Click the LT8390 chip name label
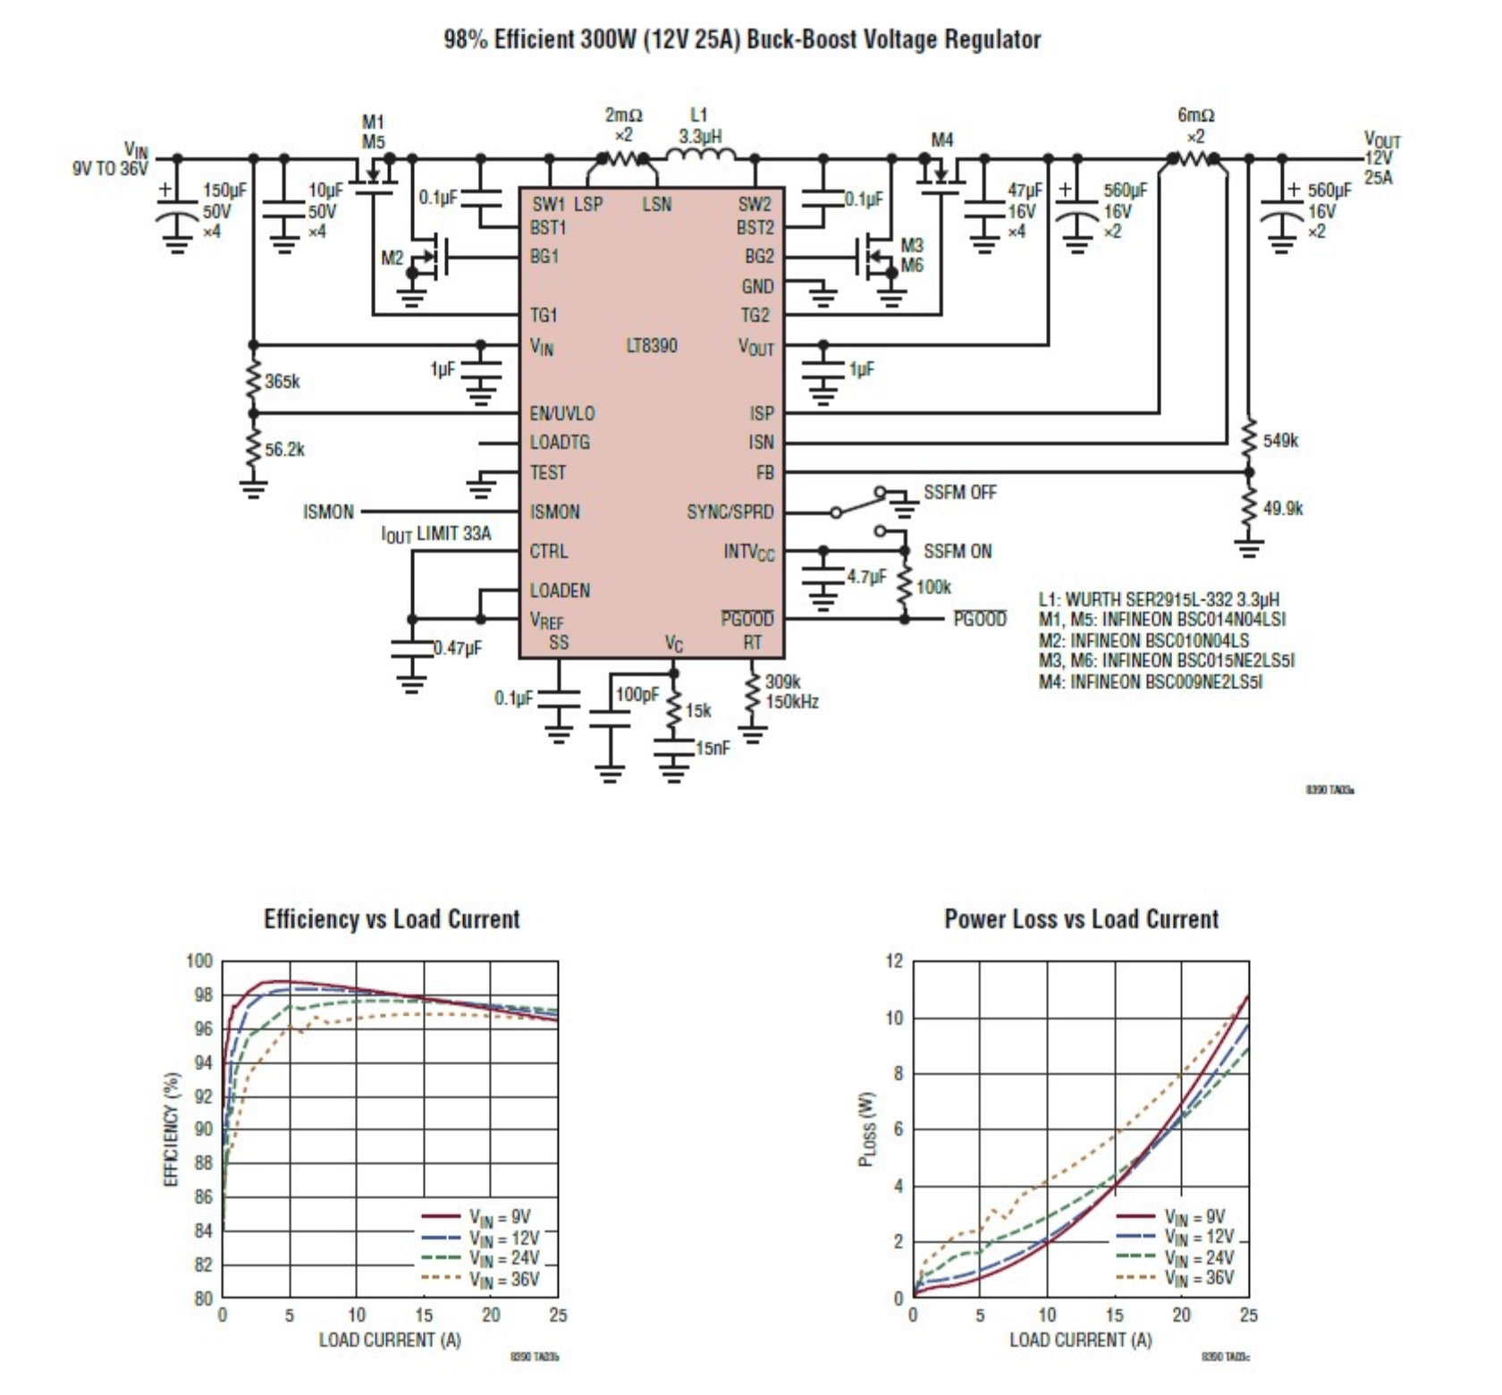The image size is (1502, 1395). [x=652, y=345]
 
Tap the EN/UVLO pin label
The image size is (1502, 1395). [x=561, y=413]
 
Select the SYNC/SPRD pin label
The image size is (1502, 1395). [x=730, y=511]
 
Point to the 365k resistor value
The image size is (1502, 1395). [x=283, y=382]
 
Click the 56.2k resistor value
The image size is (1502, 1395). [x=284, y=449]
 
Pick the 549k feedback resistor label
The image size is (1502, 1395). [x=1280, y=440]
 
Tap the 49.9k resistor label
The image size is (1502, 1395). [x=1283, y=508]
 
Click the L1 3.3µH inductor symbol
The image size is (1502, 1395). [x=701, y=157]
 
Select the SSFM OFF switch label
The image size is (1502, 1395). [x=959, y=492]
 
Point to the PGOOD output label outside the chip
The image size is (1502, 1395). [x=980, y=619]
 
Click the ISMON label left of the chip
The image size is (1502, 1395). [x=328, y=512]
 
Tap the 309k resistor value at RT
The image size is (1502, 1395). [x=782, y=682]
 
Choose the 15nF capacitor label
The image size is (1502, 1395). [x=713, y=748]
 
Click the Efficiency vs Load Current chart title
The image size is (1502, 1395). [x=392, y=919]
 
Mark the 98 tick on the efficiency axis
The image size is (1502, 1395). [x=204, y=995]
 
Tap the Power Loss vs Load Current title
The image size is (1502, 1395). [x=1081, y=919]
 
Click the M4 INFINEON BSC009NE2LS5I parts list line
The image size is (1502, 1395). [x=1151, y=681]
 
